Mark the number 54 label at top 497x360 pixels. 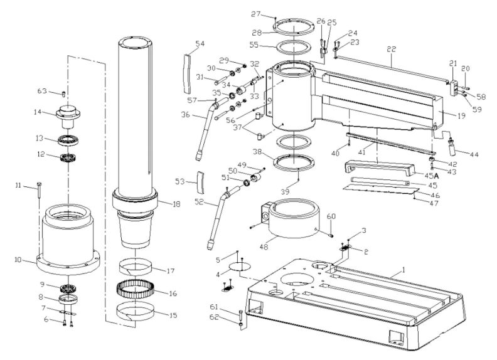200,44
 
